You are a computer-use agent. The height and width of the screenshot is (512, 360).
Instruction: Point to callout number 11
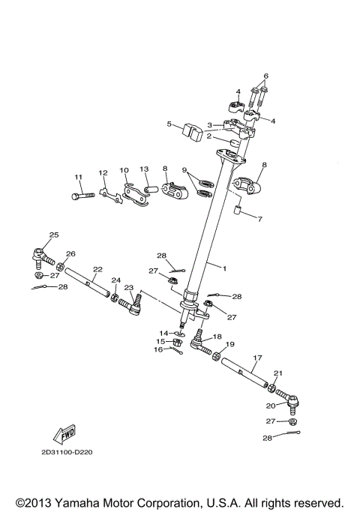tap(77, 177)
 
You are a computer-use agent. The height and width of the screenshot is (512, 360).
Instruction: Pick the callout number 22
tap(97, 269)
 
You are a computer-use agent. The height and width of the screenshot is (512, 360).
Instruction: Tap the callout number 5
tap(170, 124)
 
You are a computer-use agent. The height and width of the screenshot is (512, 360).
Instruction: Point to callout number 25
tap(52, 235)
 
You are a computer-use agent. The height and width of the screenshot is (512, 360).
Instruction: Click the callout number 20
tap(271, 406)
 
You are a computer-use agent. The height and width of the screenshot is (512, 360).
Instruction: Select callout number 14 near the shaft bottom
tap(163, 333)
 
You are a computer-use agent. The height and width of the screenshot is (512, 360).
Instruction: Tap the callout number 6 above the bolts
tap(265, 76)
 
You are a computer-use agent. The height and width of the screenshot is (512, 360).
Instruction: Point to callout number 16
tap(159, 349)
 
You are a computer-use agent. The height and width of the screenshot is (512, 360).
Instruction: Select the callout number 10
tap(124, 170)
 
